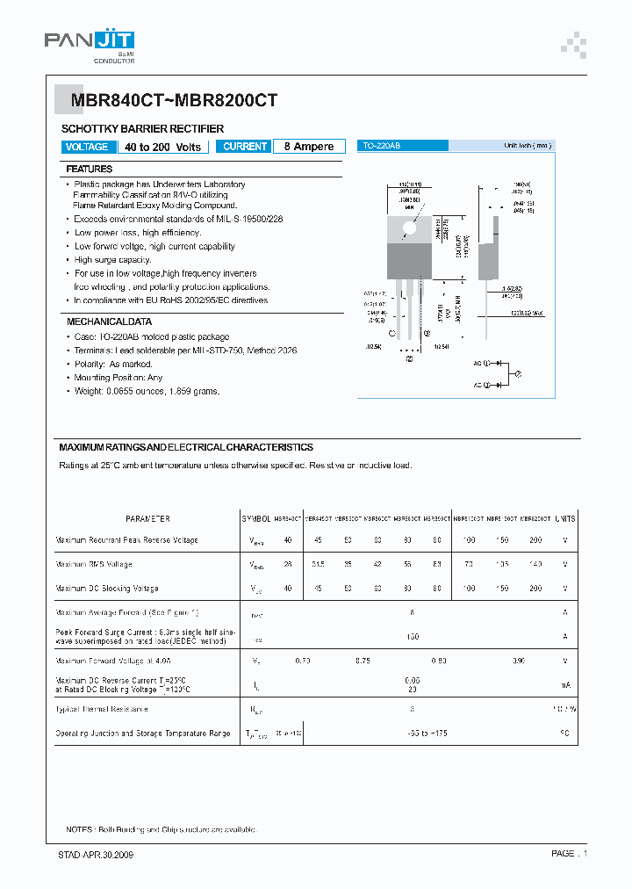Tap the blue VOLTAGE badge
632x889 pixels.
[88, 147]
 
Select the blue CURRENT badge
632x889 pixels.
[245, 147]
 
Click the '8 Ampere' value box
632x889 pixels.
[308, 147]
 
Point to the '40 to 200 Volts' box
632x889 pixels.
[162, 147]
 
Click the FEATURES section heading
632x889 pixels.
[90, 169]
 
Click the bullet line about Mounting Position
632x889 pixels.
[118, 378]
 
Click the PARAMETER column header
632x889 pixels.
[147, 519]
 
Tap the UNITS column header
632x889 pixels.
[565, 519]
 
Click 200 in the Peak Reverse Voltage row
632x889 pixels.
[535, 540]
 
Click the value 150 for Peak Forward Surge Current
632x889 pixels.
[413, 636]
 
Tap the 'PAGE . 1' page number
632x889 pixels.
[569, 854]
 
